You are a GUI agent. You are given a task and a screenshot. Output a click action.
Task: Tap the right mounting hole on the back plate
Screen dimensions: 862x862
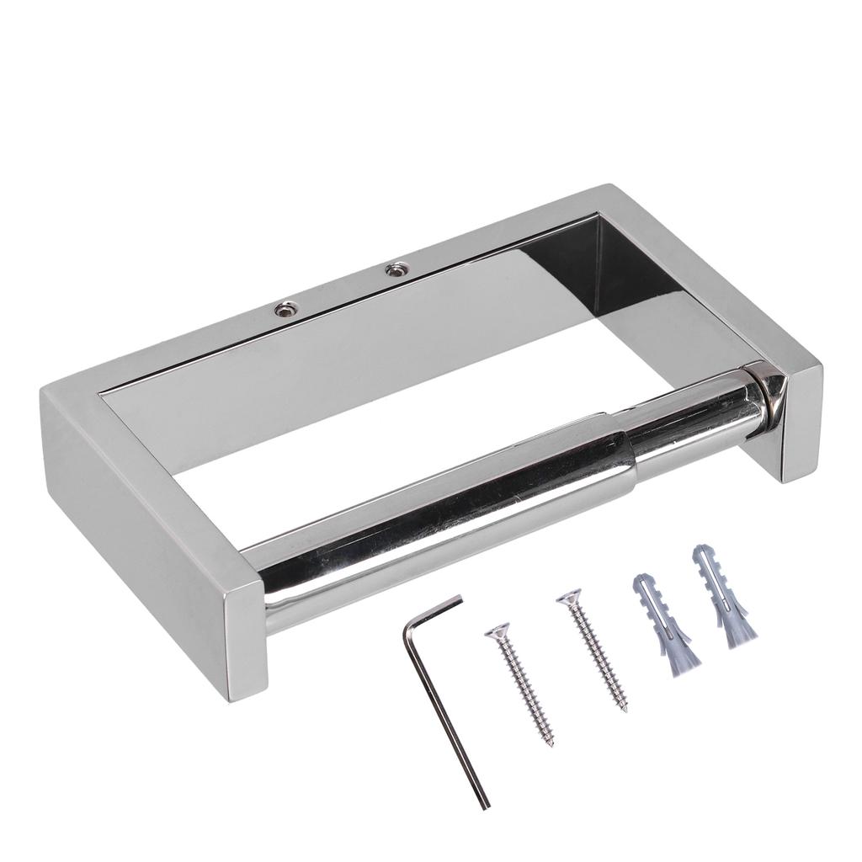394,270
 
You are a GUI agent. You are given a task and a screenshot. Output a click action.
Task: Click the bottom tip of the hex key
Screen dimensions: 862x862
485,806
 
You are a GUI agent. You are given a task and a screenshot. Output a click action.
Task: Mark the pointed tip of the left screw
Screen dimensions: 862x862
551,746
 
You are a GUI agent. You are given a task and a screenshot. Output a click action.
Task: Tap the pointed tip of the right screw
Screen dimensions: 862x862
625,711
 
